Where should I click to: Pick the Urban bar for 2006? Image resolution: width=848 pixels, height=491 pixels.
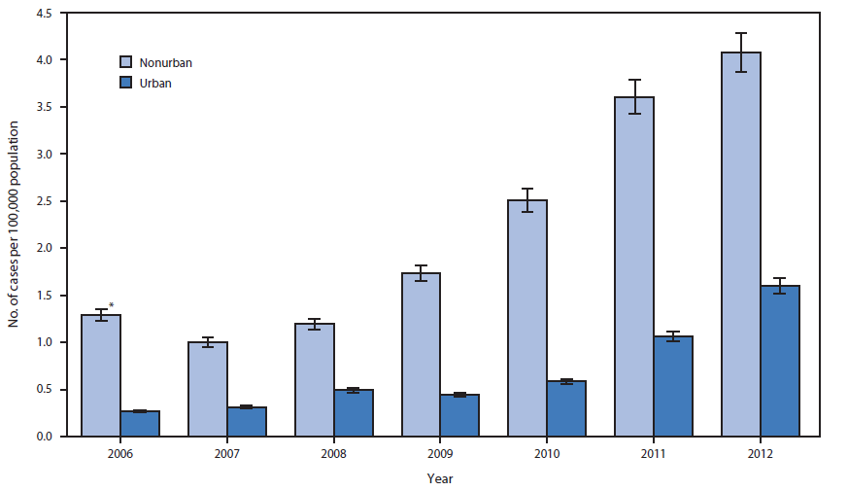pyautogui.click(x=140, y=424)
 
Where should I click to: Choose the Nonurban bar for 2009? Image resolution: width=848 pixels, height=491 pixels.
pyautogui.click(x=421, y=355)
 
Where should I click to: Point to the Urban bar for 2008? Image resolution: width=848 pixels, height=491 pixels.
pyautogui.click(x=354, y=413)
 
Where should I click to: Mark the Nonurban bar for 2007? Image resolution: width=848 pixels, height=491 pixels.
pyautogui.click(x=208, y=390)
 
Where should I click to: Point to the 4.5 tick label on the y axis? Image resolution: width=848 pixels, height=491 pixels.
pyautogui.click(x=45, y=13)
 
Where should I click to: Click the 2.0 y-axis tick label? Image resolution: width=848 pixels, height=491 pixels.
pyautogui.click(x=45, y=249)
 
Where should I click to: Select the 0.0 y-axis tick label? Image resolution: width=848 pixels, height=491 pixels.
pyautogui.click(x=45, y=438)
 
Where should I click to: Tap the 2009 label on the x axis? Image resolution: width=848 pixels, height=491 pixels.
pyautogui.click(x=440, y=453)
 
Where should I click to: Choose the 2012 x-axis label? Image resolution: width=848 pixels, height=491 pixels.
pyautogui.click(x=760, y=453)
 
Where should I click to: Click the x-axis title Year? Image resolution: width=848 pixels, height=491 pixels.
pyautogui.click(x=439, y=478)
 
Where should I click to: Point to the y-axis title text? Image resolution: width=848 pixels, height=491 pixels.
pyautogui.click(x=16, y=225)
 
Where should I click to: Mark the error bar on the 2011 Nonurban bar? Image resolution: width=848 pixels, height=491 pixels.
pyautogui.click(x=633, y=96)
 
